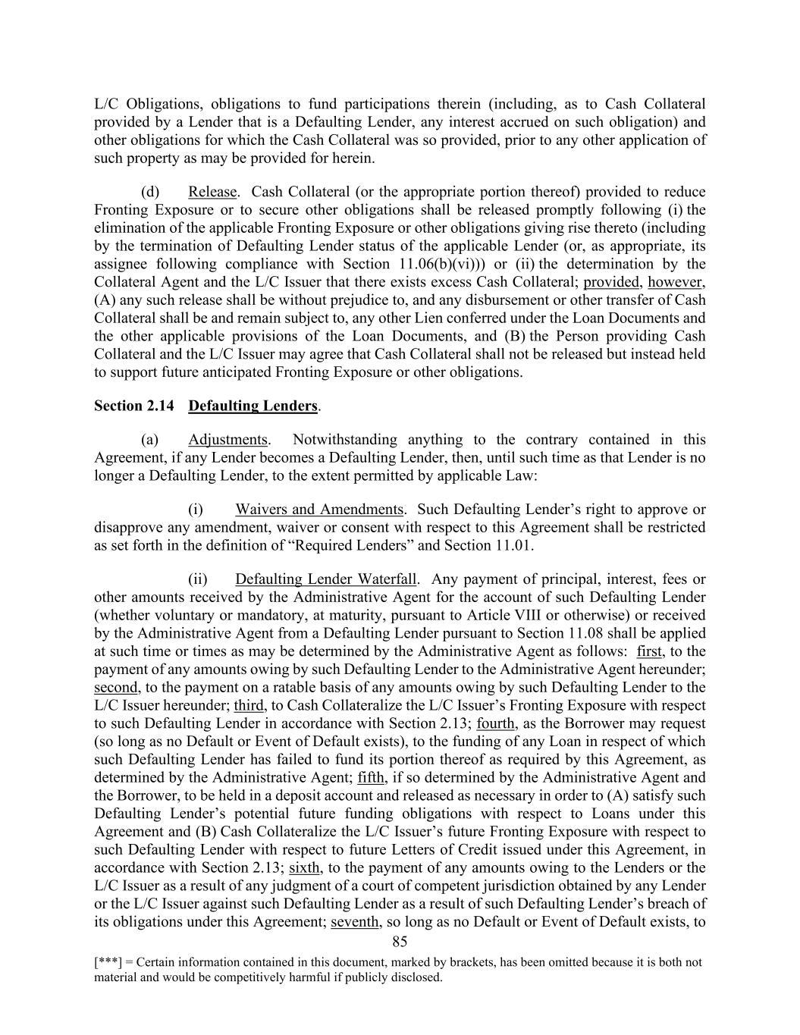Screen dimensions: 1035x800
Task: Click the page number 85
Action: tap(400, 942)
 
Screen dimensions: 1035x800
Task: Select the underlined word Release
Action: tap(212, 192)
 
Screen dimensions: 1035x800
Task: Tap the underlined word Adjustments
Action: tap(227, 440)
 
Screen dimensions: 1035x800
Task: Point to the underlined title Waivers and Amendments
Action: tap(319, 510)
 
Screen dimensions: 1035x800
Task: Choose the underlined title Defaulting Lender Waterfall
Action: tap(326, 579)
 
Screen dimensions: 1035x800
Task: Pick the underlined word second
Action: tap(116, 688)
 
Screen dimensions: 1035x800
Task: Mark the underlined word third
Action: tap(248, 706)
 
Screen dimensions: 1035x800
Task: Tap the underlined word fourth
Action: tap(496, 723)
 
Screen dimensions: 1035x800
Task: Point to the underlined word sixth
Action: tap(305, 867)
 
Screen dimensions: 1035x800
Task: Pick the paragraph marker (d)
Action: tap(149, 192)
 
